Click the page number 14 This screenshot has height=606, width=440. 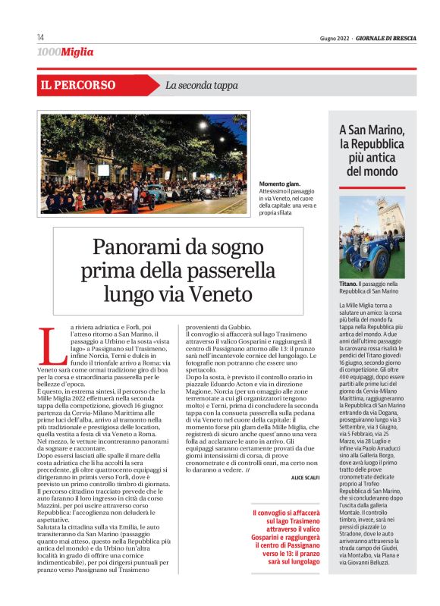(x=40, y=38)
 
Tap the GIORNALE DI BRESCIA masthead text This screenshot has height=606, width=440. (x=387, y=38)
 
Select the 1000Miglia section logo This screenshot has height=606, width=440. (x=65, y=52)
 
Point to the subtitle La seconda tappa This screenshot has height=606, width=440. (x=201, y=86)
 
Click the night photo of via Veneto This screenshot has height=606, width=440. (x=142, y=163)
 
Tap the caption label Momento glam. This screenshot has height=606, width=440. (x=281, y=185)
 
